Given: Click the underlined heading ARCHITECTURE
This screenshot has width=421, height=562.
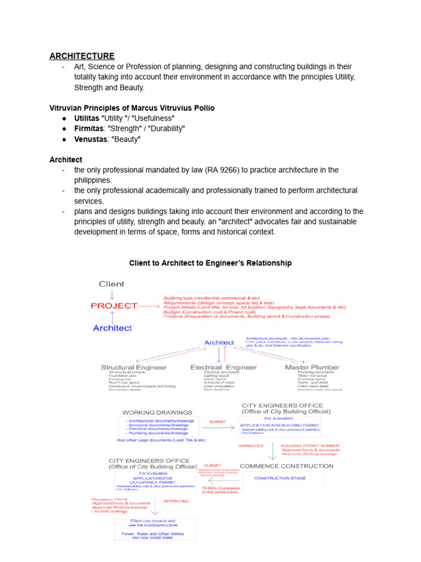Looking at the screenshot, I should pos(82,56).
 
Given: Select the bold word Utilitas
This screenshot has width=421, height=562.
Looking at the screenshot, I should pos(87,118).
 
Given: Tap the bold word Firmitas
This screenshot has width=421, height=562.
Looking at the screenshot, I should pos(88,128).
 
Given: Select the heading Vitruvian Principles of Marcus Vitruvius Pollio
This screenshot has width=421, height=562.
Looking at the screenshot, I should pos(132,108).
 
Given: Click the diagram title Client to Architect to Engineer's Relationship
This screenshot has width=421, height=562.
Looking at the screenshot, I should pos(210,263).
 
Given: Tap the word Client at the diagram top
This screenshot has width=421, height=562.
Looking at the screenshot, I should pos(111,284).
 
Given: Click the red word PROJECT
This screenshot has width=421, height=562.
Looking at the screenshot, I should pos(114,306).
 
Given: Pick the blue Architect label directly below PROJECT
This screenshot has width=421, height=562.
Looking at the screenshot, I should pos(112,328).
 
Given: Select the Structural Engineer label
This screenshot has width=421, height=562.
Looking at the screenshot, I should pos(134,367).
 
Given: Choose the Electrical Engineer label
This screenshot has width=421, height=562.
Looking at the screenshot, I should pos(223,367).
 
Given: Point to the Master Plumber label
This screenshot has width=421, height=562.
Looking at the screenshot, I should pos(312,367).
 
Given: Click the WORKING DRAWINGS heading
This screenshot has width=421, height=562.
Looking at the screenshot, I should pos(157,412).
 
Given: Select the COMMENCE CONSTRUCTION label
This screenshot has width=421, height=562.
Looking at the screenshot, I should pos(287,466).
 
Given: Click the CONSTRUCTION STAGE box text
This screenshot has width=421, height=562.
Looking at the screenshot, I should pos(280,478).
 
